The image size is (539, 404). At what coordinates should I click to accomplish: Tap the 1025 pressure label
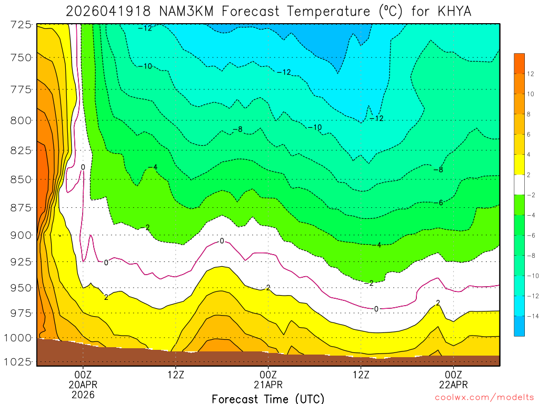[18, 362]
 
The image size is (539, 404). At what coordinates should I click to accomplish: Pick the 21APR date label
[268, 385]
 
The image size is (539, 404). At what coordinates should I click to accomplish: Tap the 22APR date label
[454, 385]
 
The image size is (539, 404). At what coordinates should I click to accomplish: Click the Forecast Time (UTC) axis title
[268, 398]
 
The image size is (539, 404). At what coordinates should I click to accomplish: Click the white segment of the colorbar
[520, 184]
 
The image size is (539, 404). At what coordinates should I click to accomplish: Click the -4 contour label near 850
[152, 167]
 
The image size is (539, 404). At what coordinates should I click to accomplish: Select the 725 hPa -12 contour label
[145, 28]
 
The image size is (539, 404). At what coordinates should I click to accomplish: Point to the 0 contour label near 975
[376, 309]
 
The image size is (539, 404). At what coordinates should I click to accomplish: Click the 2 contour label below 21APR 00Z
[268, 287]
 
